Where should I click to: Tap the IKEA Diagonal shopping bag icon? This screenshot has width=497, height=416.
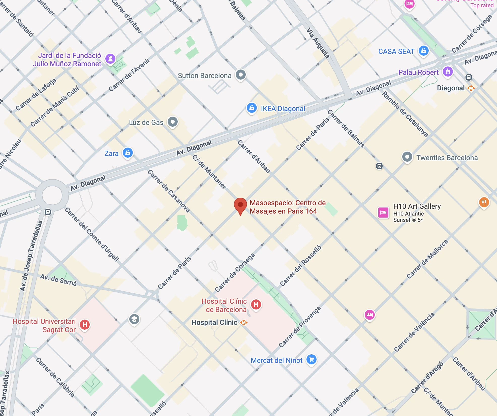(x=252, y=108)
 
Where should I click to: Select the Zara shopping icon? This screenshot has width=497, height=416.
(x=128, y=153)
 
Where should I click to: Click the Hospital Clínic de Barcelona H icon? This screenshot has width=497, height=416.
(x=256, y=304)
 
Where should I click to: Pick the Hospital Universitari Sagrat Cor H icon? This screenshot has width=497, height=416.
(x=85, y=324)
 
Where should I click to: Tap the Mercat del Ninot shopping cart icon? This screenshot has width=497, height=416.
(x=312, y=359)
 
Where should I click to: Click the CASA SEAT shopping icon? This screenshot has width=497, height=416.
(x=424, y=51)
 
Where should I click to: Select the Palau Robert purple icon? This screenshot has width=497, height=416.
(x=448, y=72)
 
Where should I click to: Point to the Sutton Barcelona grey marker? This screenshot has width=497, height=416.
(x=241, y=75)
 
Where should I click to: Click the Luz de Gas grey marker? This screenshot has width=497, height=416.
(x=173, y=122)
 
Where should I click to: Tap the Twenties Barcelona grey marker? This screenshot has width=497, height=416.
(x=407, y=157)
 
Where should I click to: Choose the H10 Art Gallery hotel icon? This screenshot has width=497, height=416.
(x=383, y=213)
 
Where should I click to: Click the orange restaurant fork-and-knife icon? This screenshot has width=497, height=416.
(x=484, y=202)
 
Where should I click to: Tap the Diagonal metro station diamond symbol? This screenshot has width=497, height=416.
(x=471, y=88)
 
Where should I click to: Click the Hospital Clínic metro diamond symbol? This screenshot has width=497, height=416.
(x=243, y=323)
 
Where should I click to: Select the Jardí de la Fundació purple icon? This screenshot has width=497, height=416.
(x=110, y=59)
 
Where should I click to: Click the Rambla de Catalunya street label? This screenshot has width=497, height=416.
(x=405, y=114)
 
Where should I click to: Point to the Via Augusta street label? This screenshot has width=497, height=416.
(x=318, y=43)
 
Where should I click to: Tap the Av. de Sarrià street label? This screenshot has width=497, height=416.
(x=58, y=280)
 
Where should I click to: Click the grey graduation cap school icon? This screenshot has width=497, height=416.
(x=134, y=319)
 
